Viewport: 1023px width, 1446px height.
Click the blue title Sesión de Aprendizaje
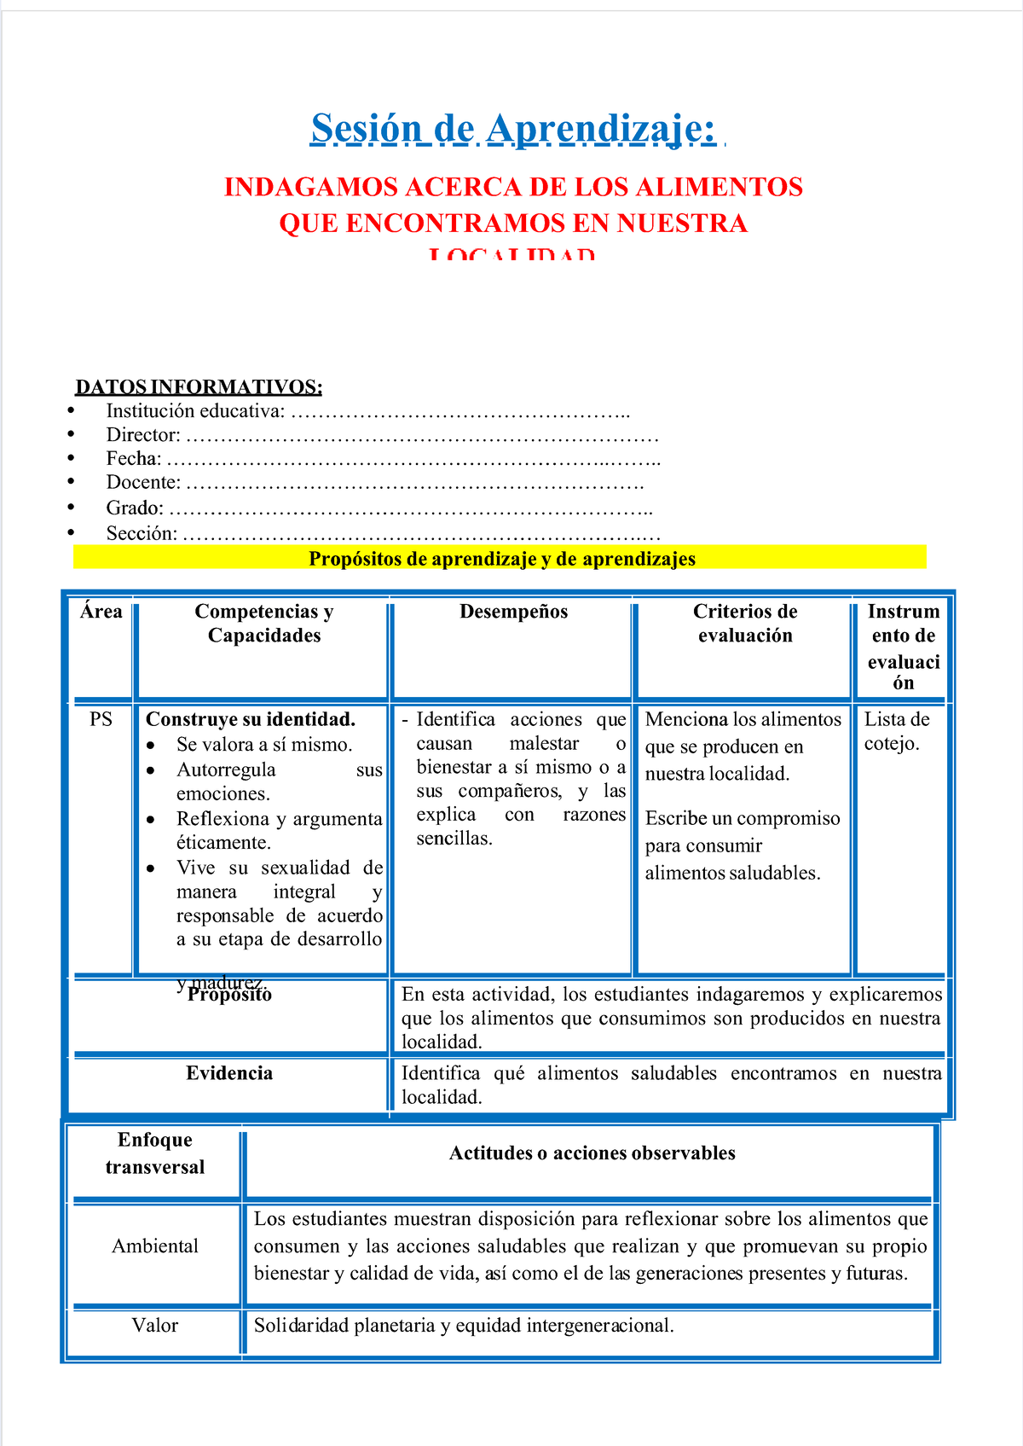[513, 130]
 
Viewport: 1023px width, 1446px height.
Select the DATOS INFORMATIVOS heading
[199, 387]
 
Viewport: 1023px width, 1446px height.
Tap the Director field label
[142, 435]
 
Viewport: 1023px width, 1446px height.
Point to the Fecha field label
[133, 459]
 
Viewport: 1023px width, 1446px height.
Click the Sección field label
[142, 534]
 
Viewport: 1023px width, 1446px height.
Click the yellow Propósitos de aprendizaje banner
[501, 559]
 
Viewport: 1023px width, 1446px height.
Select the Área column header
[101, 612]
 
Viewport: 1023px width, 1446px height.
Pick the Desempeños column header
[513, 612]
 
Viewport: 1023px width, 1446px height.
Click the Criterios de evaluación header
[744, 623]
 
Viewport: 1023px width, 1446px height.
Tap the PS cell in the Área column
[101, 719]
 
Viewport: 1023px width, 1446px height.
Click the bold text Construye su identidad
[251, 719]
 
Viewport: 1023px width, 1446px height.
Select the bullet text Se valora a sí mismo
[263, 745]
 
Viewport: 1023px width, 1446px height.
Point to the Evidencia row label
[229, 1073]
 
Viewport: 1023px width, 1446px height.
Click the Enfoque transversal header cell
[155, 1153]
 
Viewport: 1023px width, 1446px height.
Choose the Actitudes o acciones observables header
[592, 1153]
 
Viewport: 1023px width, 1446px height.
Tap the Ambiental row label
[155, 1246]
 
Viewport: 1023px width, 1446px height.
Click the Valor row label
[155, 1326]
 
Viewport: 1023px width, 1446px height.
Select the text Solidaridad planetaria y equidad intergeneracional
[464, 1326]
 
